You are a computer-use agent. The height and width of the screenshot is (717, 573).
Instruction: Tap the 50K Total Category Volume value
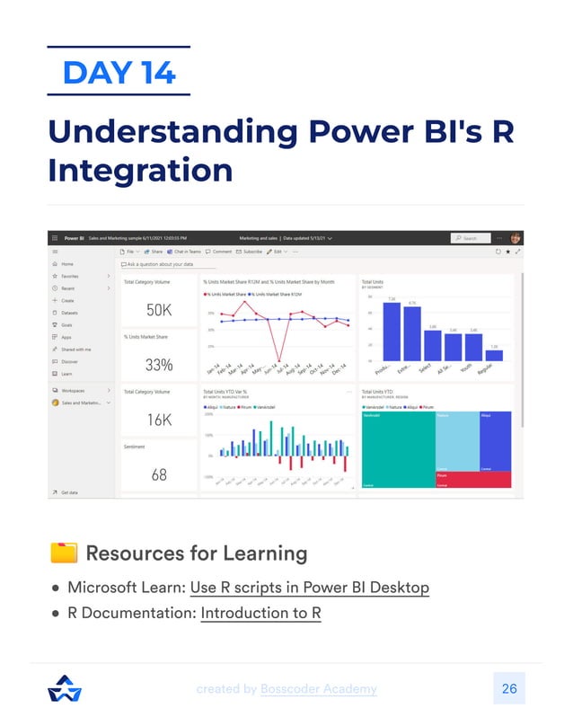[x=158, y=311]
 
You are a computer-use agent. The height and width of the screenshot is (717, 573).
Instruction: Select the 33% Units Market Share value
[x=158, y=366]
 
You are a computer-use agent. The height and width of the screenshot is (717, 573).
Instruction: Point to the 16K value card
[x=158, y=420]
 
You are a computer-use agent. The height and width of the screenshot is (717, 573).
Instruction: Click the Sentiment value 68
[x=158, y=474]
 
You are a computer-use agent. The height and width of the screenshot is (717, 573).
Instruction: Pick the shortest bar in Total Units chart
[x=494, y=355]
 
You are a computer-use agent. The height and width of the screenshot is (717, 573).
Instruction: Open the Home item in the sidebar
[x=67, y=264]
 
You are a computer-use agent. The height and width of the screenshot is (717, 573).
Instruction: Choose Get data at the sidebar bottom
[x=69, y=492]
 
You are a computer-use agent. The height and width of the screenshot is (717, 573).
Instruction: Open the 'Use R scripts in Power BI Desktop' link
[x=309, y=588]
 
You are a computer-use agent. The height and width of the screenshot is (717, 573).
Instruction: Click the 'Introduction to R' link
[x=260, y=614]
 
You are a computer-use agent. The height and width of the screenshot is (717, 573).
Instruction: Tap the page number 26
[x=508, y=689]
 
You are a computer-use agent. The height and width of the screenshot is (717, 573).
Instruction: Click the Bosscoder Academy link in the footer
[x=318, y=689]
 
